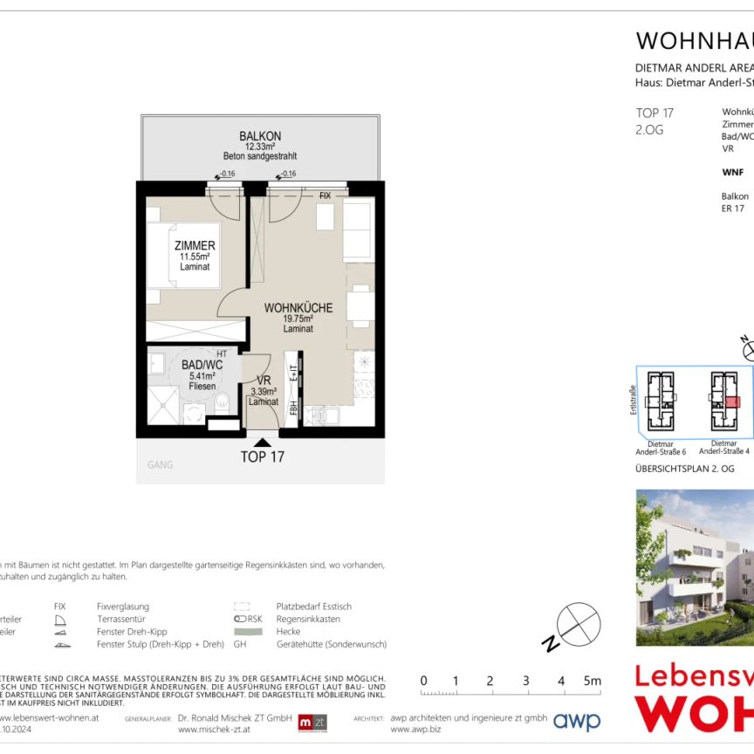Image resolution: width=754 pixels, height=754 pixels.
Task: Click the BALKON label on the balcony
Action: pos(260,136)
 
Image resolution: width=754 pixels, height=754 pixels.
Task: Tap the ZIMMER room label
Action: pos(195,246)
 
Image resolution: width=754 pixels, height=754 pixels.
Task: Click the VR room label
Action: pos(263,380)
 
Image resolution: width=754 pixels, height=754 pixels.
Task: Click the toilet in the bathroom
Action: pos(221,402)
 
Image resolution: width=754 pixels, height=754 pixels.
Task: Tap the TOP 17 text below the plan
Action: pos(263,456)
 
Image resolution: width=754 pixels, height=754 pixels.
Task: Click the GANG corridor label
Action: pos(161,465)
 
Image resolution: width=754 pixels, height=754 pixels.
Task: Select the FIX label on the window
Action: pos(325,196)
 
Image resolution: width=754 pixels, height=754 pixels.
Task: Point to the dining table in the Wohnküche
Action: pos(360,305)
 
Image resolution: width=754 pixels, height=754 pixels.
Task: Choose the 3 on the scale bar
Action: pos(525,682)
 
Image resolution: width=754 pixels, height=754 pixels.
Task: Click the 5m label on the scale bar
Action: pos(593,682)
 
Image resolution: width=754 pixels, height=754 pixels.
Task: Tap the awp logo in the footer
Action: pos(578,722)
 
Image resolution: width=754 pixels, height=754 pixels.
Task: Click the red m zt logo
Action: pos(312,723)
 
